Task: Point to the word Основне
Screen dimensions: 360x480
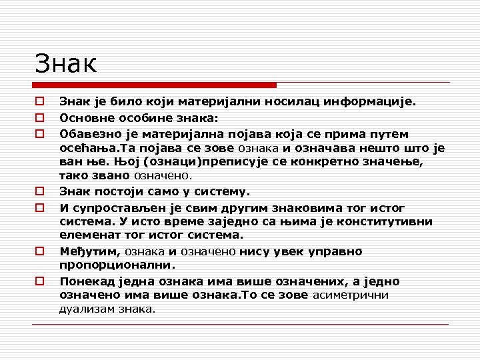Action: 85,118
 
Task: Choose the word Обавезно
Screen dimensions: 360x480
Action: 88,133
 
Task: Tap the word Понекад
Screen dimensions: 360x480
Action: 85,281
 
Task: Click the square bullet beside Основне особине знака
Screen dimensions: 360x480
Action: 41,118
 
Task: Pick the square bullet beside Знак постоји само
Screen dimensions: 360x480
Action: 41,192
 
